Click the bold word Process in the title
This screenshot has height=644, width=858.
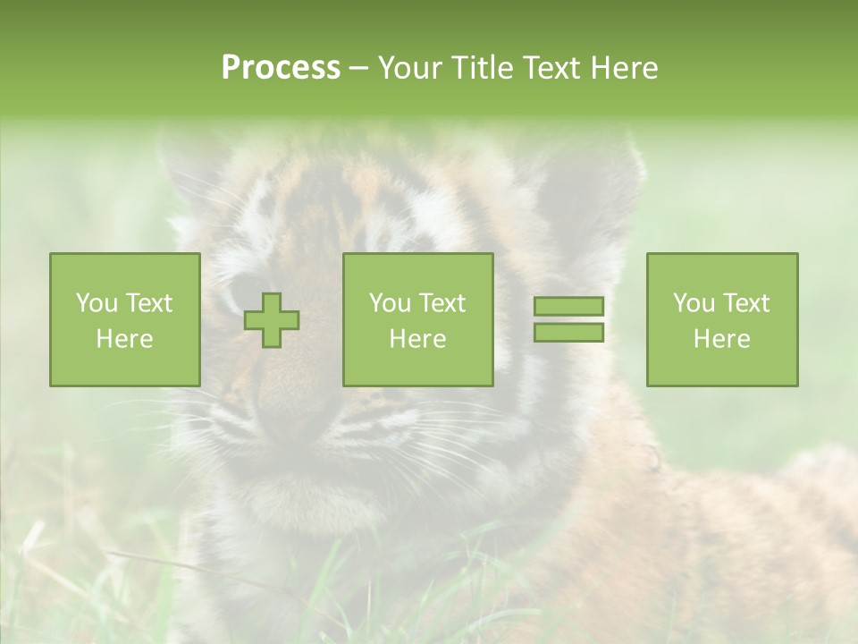coord(281,68)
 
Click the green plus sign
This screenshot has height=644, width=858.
coord(272,320)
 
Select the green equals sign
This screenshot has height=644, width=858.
coord(568,319)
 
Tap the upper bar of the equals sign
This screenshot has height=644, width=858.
coord(568,307)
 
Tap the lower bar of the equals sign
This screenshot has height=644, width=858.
coord(568,332)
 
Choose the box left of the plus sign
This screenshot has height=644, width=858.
coord(125,320)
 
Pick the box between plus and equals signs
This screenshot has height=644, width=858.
coord(417,320)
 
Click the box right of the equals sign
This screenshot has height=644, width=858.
coord(722,320)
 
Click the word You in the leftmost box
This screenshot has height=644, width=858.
coord(97,303)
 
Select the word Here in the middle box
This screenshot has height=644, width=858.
coord(417,339)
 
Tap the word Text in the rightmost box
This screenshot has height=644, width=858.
coord(745,303)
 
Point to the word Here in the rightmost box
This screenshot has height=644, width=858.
coord(722,339)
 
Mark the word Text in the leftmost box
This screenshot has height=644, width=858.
coord(148,303)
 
